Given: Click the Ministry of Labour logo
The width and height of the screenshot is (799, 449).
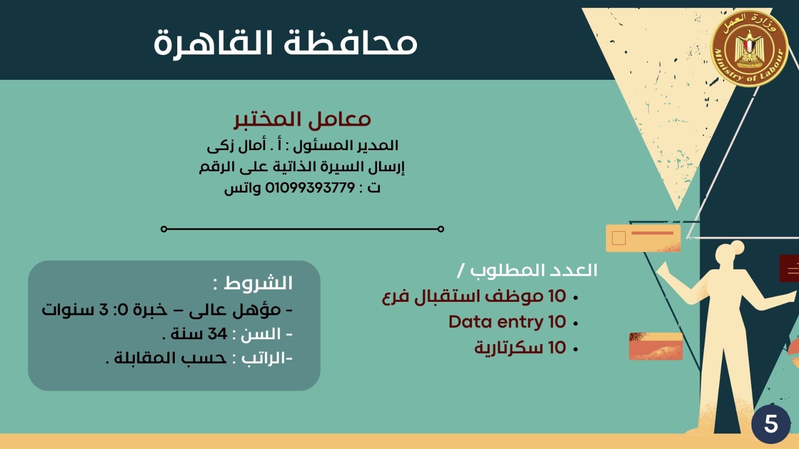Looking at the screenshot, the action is [750, 48].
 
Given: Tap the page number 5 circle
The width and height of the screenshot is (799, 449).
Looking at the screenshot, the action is [771, 424].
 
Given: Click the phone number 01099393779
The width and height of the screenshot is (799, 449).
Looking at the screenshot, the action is [310, 188].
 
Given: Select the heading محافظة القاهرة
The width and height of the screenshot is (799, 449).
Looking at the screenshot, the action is [285, 43].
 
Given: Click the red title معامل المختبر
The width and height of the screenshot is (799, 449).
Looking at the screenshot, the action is [303, 119].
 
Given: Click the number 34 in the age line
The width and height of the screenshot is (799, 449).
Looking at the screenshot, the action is [217, 334].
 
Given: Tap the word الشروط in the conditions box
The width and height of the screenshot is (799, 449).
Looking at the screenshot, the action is [258, 283].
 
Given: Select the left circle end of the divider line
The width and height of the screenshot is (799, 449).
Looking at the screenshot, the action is [164, 229].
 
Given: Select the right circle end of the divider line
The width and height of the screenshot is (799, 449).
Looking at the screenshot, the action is [440, 229].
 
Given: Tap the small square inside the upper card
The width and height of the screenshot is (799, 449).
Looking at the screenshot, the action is [619, 238].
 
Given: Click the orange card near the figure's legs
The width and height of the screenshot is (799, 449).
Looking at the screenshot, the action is [656, 346].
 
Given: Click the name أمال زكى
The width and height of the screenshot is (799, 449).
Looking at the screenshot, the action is [237, 146].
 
